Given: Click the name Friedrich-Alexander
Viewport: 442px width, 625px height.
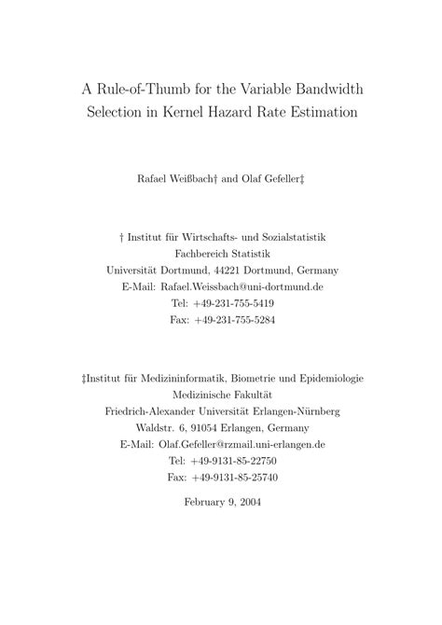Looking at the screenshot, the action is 158,411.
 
